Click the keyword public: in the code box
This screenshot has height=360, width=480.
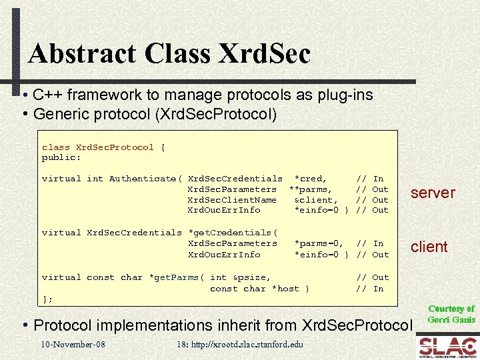[61, 158]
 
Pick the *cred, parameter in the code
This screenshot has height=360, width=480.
[311, 179]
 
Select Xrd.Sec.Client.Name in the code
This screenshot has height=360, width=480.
[232, 200]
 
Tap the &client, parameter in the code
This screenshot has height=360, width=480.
[316, 200]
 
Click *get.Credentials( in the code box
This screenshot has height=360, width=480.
[233, 233]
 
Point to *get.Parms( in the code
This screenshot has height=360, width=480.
[177, 277]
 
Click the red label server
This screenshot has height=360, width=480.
[433, 193]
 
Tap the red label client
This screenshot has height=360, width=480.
[429, 247]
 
